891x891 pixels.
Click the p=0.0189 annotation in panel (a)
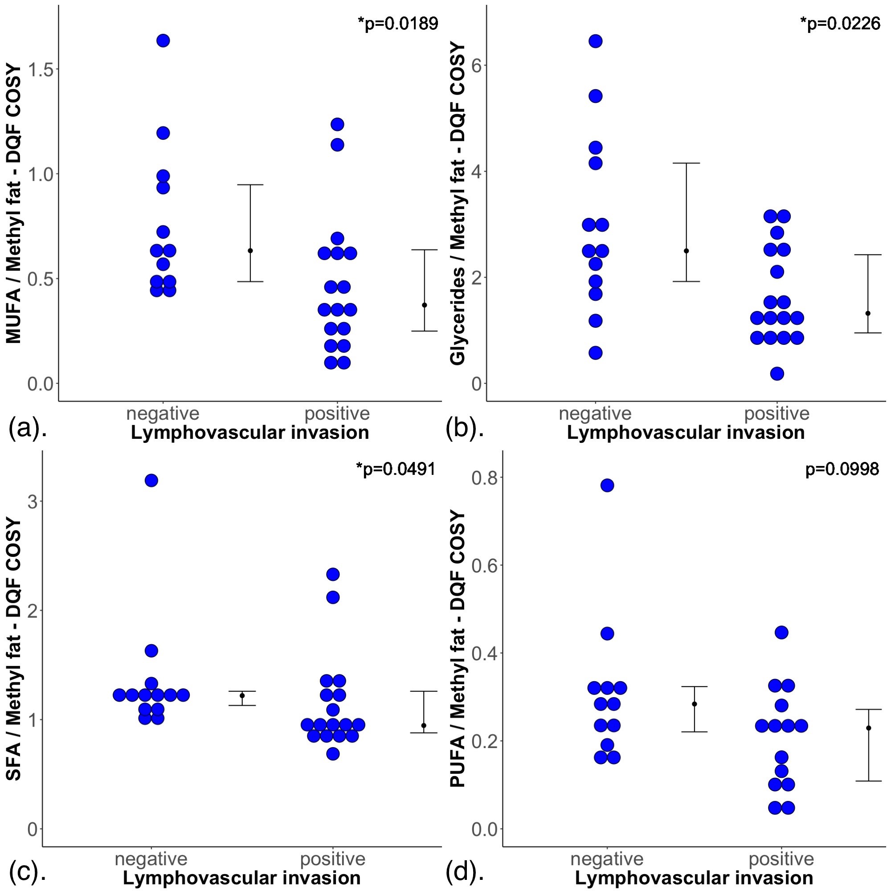coord(397,24)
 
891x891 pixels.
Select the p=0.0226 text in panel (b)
coord(840,24)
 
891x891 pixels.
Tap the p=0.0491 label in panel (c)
coord(396,469)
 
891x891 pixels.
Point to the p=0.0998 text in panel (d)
coord(842,469)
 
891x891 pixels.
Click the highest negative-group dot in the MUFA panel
coord(163,41)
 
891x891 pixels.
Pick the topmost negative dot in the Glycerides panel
coord(596,41)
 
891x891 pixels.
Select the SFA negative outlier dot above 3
coord(151,481)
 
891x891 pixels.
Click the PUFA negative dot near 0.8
coord(607,485)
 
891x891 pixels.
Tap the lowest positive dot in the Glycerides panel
coord(777,374)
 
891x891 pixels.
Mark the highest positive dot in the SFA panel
coord(333,574)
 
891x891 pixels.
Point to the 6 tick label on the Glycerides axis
coord(477,65)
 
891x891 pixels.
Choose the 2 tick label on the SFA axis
coord(33,611)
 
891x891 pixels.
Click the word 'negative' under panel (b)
coord(595,413)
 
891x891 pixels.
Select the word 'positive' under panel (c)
coord(332,859)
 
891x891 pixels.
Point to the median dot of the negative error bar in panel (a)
coord(250,250)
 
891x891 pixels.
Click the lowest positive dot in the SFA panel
coord(333,754)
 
